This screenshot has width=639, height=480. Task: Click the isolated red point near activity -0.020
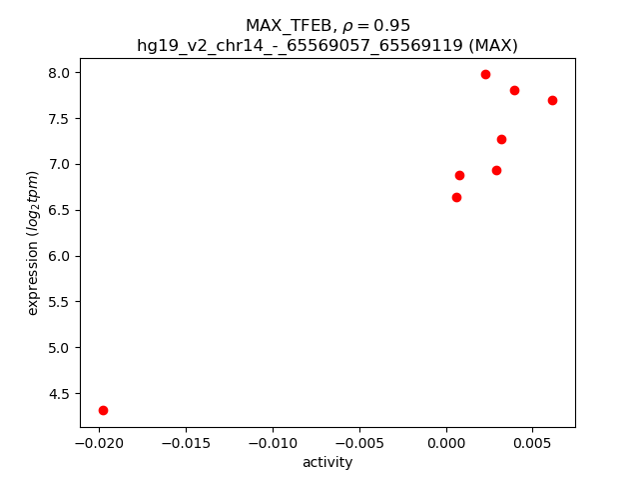(103, 410)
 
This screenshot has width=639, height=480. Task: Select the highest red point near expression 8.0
(485, 74)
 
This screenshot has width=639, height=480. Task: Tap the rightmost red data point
(552, 100)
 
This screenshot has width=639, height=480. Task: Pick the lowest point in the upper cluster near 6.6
(456, 197)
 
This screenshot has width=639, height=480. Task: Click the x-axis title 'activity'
(327, 462)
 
